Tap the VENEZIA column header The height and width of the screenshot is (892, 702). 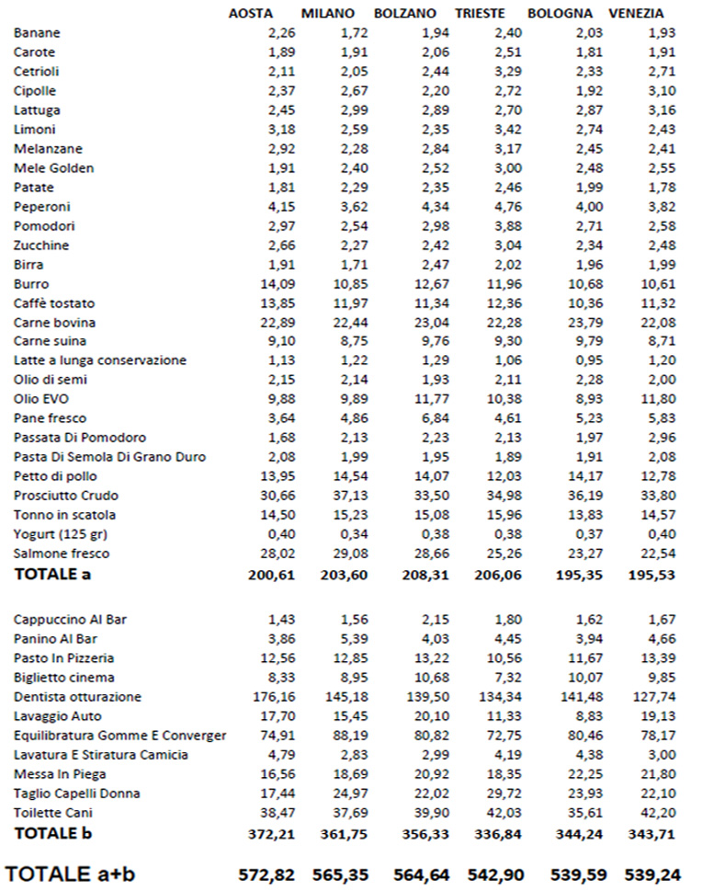(x=637, y=14)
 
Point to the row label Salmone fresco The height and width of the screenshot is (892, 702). (x=62, y=554)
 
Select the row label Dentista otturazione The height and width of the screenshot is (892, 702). (x=78, y=696)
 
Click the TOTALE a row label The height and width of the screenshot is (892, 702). (x=52, y=575)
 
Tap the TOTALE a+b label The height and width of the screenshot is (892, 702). (x=71, y=873)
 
